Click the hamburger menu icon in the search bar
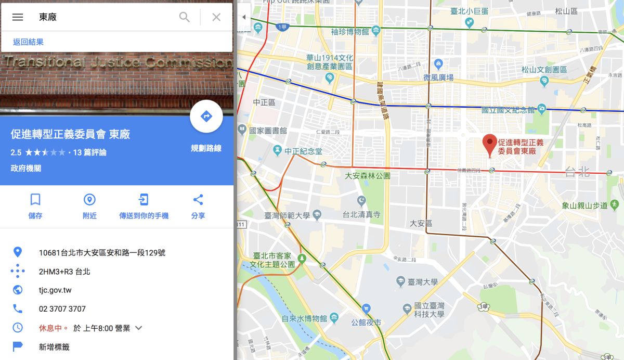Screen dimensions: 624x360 pyautogui.click(x=18, y=17)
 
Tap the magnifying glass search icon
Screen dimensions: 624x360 pyautogui.click(x=185, y=17)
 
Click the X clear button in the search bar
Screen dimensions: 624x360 pyautogui.click(x=216, y=17)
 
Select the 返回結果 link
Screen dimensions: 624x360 pyautogui.click(x=28, y=42)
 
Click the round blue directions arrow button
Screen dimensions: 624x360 pyautogui.click(x=206, y=117)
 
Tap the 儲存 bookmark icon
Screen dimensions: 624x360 pyautogui.click(x=35, y=200)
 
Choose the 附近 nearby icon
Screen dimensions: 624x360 pyautogui.click(x=89, y=200)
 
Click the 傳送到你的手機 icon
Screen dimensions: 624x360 pyautogui.click(x=144, y=200)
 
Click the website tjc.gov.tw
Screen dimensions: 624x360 pyautogui.click(x=55, y=290)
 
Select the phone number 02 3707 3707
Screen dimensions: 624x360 pyautogui.click(x=62, y=309)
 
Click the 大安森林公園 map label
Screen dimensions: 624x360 pyautogui.click(x=368, y=176)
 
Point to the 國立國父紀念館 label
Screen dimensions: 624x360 pyautogui.click(x=508, y=110)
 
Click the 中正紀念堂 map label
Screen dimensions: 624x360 pyautogui.click(x=303, y=151)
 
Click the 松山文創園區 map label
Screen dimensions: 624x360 pyautogui.click(x=545, y=69)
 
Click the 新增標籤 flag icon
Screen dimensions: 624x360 pyautogui.click(x=18, y=346)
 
